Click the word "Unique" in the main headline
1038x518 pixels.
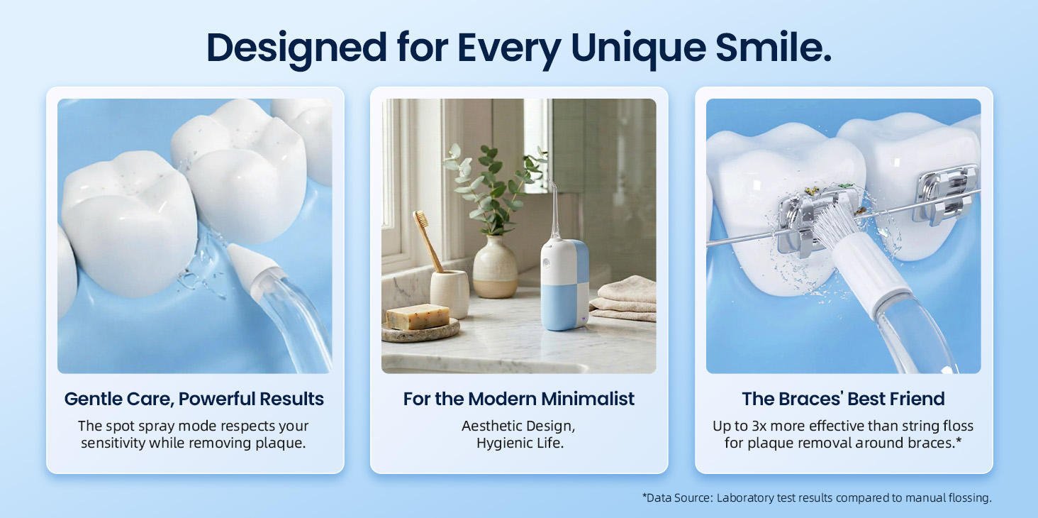(639, 48)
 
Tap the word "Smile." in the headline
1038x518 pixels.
(774, 48)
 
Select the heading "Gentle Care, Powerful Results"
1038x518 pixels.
(194, 399)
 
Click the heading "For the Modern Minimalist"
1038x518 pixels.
(518, 399)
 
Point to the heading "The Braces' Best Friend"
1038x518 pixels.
(843, 399)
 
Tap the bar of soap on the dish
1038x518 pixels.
(418, 316)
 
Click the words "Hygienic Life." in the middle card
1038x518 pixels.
(520, 443)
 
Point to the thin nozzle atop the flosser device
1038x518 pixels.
(553, 209)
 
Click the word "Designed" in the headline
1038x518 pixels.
(296, 48)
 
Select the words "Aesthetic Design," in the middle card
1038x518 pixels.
(518, 426)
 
